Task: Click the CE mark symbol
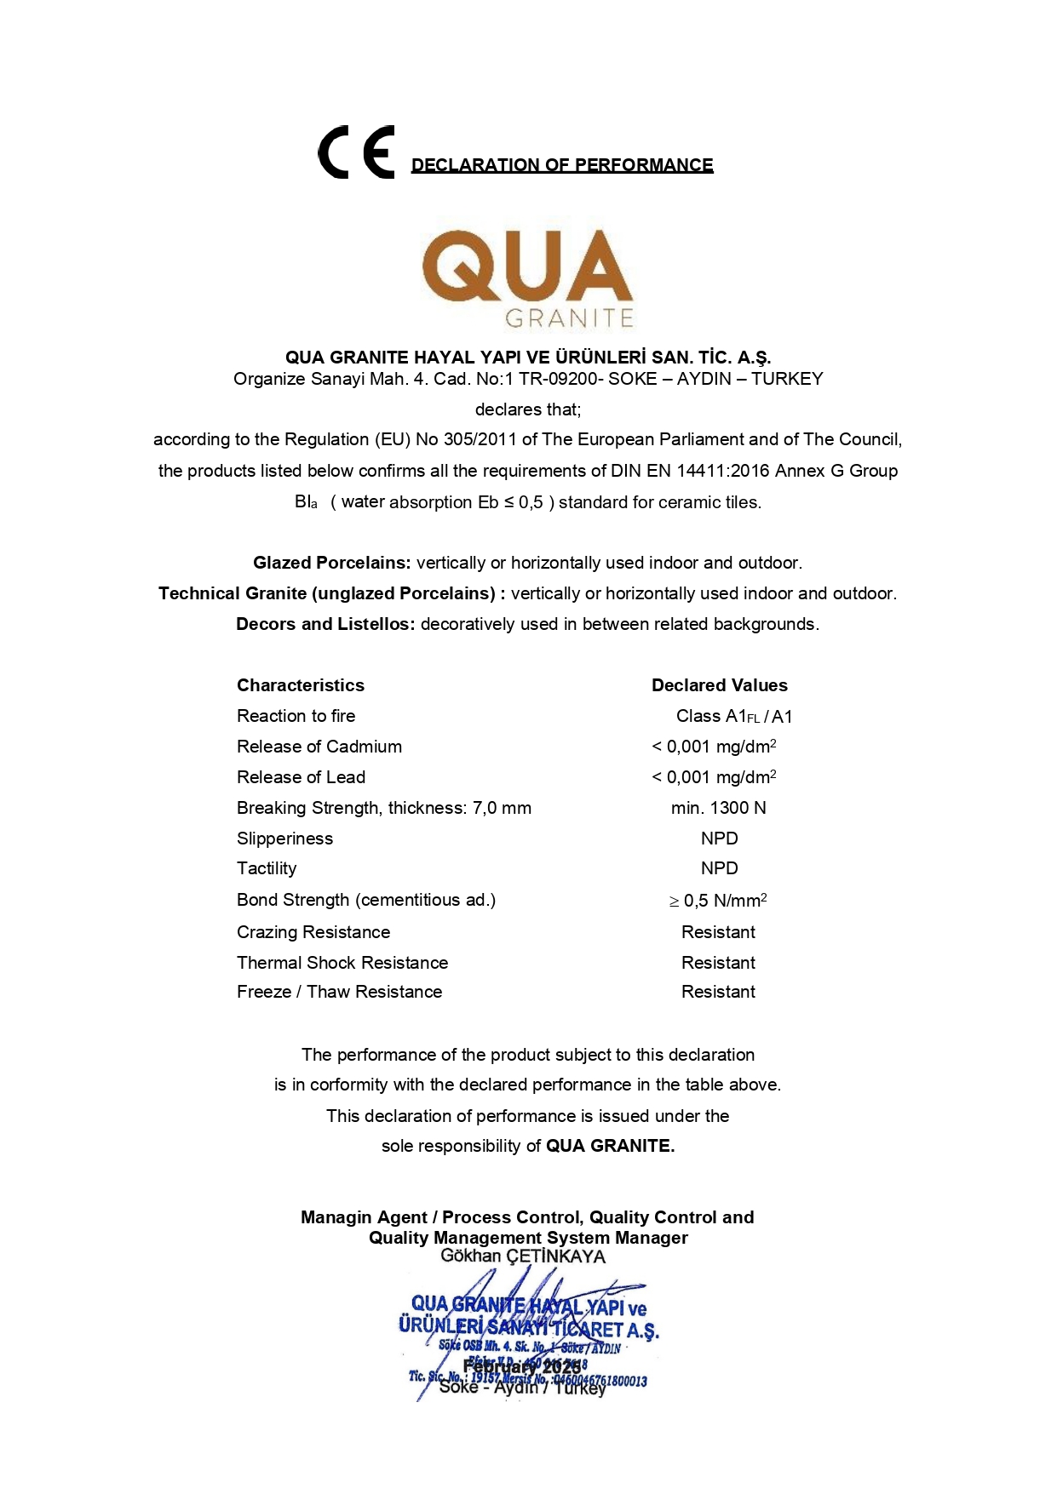tap(356, 152)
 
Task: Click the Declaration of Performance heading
tap(562, 165)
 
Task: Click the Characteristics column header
tap(301, 685)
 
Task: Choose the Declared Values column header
tap(720, 685)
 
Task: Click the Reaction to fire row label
tap(296, 716)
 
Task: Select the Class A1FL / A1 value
tap(734, 717)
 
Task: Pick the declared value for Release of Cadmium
tap(714, 747)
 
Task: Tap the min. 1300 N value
tap(719, 808)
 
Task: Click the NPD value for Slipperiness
tap(720, 839)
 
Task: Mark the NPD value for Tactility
tap(720, 868)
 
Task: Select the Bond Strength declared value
tap(718, 901)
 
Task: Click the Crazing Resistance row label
tap(313, 932)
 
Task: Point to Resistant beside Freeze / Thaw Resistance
tap(718, 992)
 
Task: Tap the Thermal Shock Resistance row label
tap(342, 963)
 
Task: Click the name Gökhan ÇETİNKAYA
tap(523, 1256)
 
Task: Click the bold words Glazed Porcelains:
tap(332, 563)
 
